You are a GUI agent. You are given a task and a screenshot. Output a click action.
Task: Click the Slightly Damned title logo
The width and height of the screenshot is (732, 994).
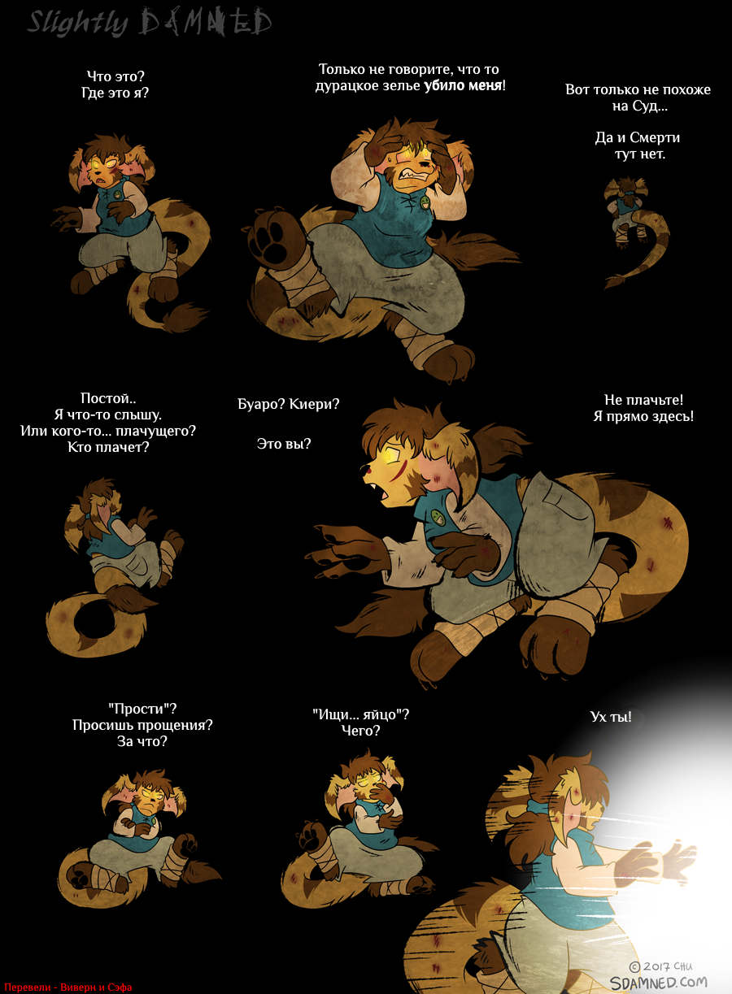click(x=150, y=23)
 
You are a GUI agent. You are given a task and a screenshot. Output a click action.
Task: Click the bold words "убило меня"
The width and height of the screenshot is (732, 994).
click(x=463, y=85)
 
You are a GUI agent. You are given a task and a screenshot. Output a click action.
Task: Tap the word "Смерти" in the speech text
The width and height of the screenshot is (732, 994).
click(x=655, y=137)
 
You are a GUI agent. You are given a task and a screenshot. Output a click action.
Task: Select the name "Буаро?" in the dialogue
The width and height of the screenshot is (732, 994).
click(x=261, y=404)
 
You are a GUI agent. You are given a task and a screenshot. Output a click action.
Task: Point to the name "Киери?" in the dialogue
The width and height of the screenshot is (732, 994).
click(x=315, y=404)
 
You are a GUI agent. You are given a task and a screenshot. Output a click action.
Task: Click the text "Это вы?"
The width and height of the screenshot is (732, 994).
click(x=284, y=444)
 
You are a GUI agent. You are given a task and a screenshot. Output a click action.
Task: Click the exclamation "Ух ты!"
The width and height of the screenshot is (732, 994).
click(x=611, y=717)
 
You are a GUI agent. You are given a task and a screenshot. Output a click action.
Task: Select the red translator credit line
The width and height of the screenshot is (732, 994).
click(x=68, y=987)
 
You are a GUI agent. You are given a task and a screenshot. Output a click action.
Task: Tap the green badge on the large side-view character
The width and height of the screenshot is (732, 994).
click(x=438, y=517)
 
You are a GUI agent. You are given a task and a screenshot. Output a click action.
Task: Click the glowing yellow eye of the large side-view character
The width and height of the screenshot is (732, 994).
click(x=392, y=456)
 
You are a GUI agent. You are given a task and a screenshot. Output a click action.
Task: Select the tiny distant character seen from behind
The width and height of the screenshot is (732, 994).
click(x=632, y=231)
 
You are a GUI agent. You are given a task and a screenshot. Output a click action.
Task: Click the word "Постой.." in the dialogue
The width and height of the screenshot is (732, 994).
click(x=108, y=398)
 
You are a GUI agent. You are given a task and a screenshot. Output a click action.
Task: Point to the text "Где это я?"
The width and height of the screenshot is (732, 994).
click(x=115, y=93)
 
